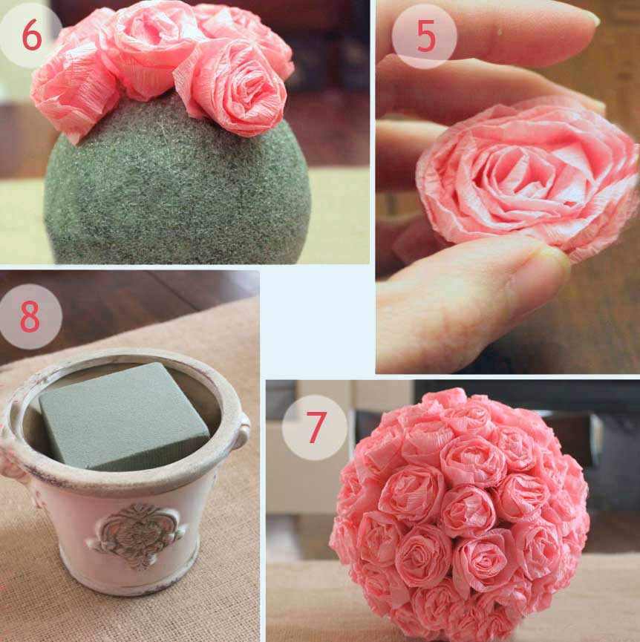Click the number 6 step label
point(31,35)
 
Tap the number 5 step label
point(426,36)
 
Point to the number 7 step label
point(316,427)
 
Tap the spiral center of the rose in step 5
point(517,176)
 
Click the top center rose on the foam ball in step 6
point(151,45)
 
